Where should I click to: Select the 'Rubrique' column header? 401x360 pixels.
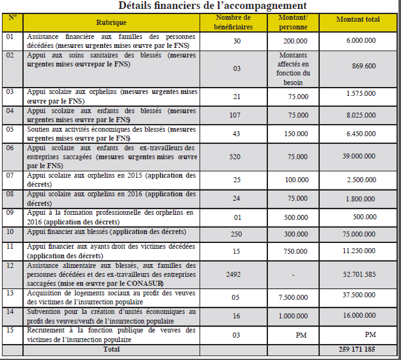111,23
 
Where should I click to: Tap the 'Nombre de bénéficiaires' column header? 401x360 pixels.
237,23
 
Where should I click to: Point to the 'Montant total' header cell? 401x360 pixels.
358,20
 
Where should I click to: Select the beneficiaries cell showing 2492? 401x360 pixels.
237,274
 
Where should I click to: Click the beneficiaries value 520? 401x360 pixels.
237,156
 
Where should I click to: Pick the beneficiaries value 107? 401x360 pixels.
237,116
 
